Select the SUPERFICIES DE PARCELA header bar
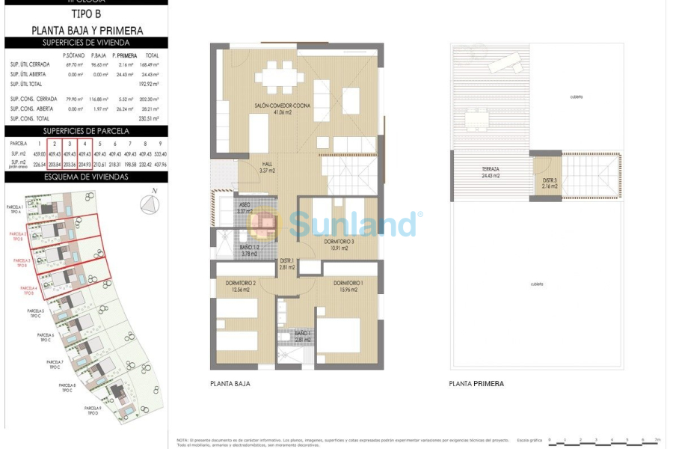(87, 131)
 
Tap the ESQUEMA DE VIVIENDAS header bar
(87, 177)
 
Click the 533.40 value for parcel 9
(159, 154)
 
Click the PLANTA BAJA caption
(230, 383)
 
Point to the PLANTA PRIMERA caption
(476, 383)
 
